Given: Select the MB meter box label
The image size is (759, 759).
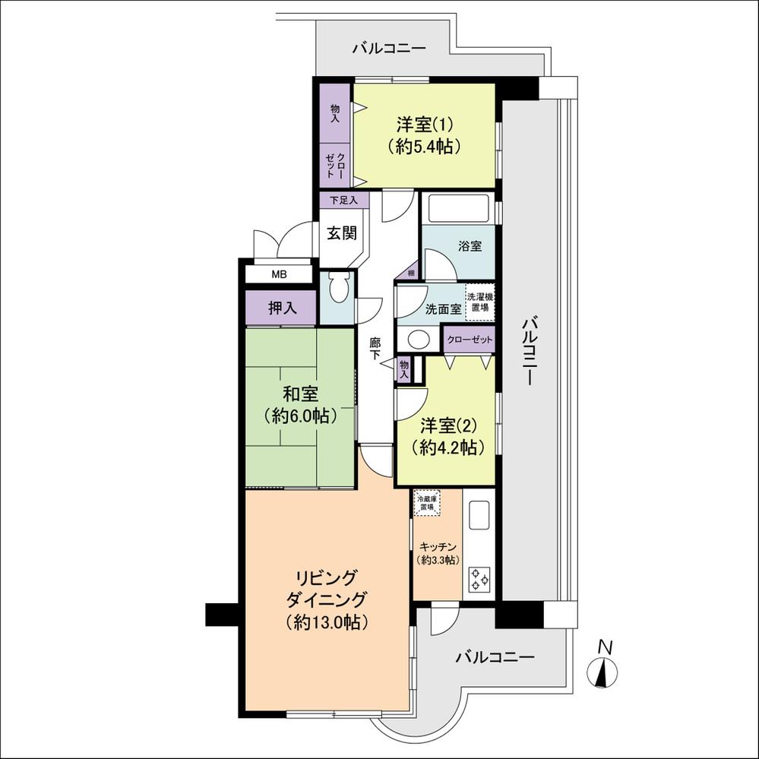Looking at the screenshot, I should pyautogui.click(x=279, y=274).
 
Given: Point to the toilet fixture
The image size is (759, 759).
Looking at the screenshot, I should pyautogui.click(x=338, y=288).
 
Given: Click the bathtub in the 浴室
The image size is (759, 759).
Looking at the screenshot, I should pyautogui.click(x=458, y=209).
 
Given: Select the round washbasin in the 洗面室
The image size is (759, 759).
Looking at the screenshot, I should pyautogui.click(x=418, y=339).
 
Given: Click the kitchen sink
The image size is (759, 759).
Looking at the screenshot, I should pyautogui.click(x=480, y=515).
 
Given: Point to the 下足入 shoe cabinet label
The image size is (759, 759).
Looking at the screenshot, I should pyautogui.click(x=343, y=200).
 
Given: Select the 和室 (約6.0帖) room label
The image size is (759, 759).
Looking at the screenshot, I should pyautogui.click(x=300, y=405).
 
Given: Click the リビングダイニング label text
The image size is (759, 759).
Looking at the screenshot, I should pyautogui.click(x=327, y=588).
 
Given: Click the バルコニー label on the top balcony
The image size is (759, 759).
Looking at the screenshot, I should pyautogui.click(x=389, y=49).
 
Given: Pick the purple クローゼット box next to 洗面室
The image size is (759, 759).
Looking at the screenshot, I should pyautogui.click(x=470, y=340).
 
